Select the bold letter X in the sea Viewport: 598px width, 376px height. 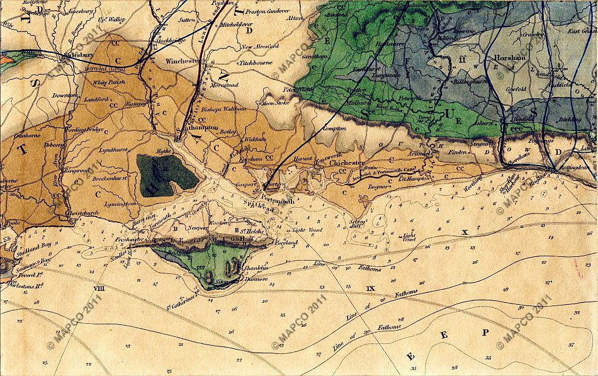point(465,232)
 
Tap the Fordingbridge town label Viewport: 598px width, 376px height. point(87,130)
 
